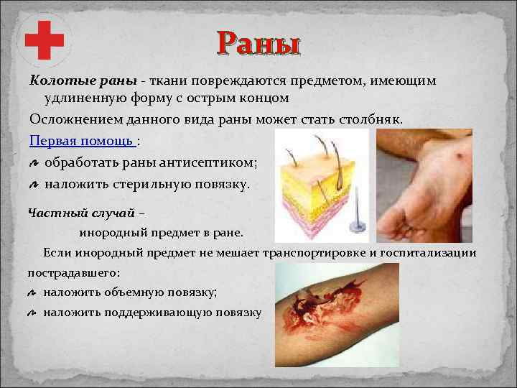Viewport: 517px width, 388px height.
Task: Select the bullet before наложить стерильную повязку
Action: click(x=34, y=185)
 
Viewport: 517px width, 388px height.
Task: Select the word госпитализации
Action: click(x=432, y=253)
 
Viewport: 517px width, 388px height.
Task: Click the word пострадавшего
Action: click(x=73, y=273)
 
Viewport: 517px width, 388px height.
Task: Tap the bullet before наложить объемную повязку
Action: click(x=33, y=292)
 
